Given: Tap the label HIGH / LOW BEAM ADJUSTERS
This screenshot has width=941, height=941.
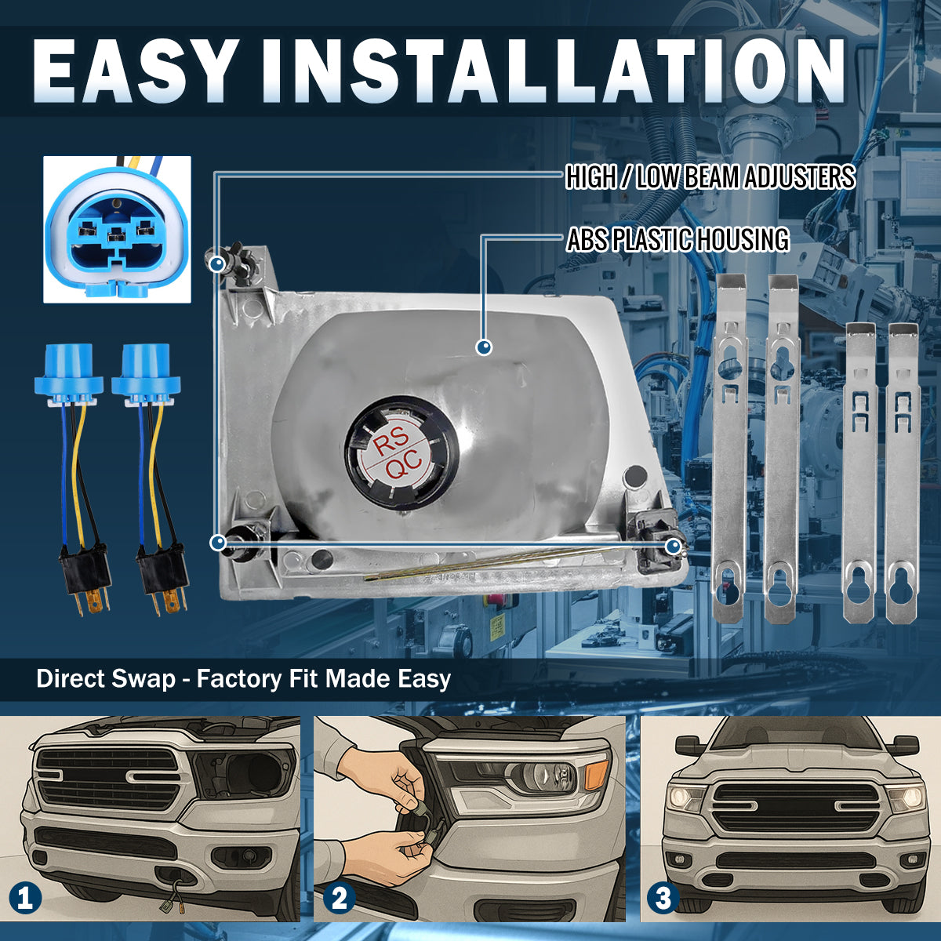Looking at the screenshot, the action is pos(710,176).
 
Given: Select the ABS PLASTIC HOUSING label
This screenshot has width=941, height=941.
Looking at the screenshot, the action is pos(678,239).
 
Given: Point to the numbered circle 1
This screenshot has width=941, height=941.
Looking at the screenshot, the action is pos(25,898).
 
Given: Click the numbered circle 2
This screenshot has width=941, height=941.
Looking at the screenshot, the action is pos(340,898).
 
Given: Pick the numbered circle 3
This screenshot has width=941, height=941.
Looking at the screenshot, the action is pos(663,898).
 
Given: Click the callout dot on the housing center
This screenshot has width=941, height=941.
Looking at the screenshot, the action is pos(484,347).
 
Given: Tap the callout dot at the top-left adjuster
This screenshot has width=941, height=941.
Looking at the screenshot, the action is pos(217,265).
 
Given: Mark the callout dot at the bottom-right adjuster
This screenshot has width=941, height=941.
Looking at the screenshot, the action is pos(673,546).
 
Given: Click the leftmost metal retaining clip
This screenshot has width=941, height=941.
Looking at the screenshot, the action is pos(731,448).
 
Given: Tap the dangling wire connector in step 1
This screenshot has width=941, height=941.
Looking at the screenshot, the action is pos(171,904).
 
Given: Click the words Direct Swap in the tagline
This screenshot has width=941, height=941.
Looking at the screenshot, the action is pos(106,679).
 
